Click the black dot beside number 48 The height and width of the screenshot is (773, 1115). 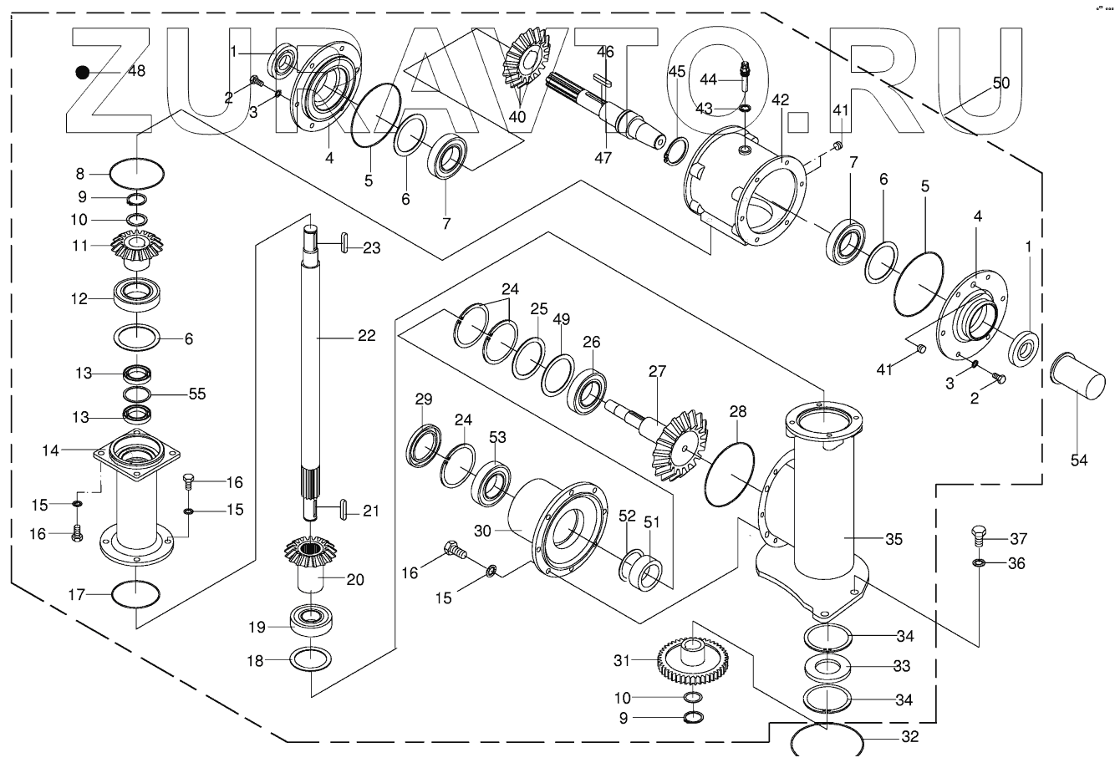(x=82, y=72)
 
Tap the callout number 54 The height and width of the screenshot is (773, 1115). (x=1079, y=459)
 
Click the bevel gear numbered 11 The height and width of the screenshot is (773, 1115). (x=135, y=247)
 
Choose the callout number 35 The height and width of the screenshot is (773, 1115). (x=894, y=540)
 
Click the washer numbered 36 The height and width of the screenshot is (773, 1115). (x=978, y=564)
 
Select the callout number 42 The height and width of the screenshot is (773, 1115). (x=780, y=99)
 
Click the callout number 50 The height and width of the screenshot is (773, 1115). (x=1000, y=84)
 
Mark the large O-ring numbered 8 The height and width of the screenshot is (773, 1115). (x=137, y=175)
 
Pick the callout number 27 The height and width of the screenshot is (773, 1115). (x=657, y=371)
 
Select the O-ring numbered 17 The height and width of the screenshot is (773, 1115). (x=134, y=595)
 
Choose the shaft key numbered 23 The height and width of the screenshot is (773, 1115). (x=343, y=247)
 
